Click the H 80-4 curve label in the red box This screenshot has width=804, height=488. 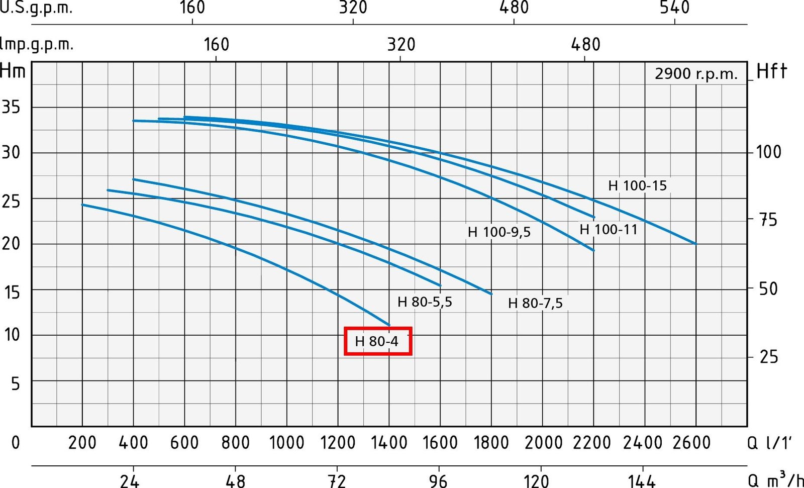pyautogui.click(x=377, y=341)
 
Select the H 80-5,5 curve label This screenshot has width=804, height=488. pyautogui.click(x=425, y=302)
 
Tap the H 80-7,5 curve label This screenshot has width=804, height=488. pyautogui.click(x=535, y=303)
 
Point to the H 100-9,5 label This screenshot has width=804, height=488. pyautogui.click(x=499, y=232)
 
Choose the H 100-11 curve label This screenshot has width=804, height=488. pyautogui.click(x=609, y=230)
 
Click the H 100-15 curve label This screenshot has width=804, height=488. pyautogui.click(x=637, y=185)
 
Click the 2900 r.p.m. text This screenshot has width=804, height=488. pyautogui.click(x=696, y=74)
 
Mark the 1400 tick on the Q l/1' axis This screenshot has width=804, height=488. pyautogui.click(x=389, y=442)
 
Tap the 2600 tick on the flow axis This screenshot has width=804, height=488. pyautogui.click(x=692, y=442)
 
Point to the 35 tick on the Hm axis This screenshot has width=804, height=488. pyautogui.click(x=11, y=107)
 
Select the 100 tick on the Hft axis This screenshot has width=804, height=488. pyautogui.click(x=768, y=151)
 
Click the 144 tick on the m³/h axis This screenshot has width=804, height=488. pyautogui.click(x=642, y=481)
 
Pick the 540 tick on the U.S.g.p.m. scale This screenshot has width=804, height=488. pyautogui.click(x=675, y=8)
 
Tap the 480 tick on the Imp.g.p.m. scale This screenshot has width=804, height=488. pyautogui.click(x=585, y=45)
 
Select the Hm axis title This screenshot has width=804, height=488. pyautogui.click(x=13, y=70)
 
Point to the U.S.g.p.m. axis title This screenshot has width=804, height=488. pyautogui.click(x=36, y=8)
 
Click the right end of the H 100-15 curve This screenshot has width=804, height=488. pyautogui.click(x=696, y=244)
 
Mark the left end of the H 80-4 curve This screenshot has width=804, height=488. pyautogui.click(x=82, y=205)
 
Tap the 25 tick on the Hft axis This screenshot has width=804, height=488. pyautogui.click(x=769, y=357)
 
